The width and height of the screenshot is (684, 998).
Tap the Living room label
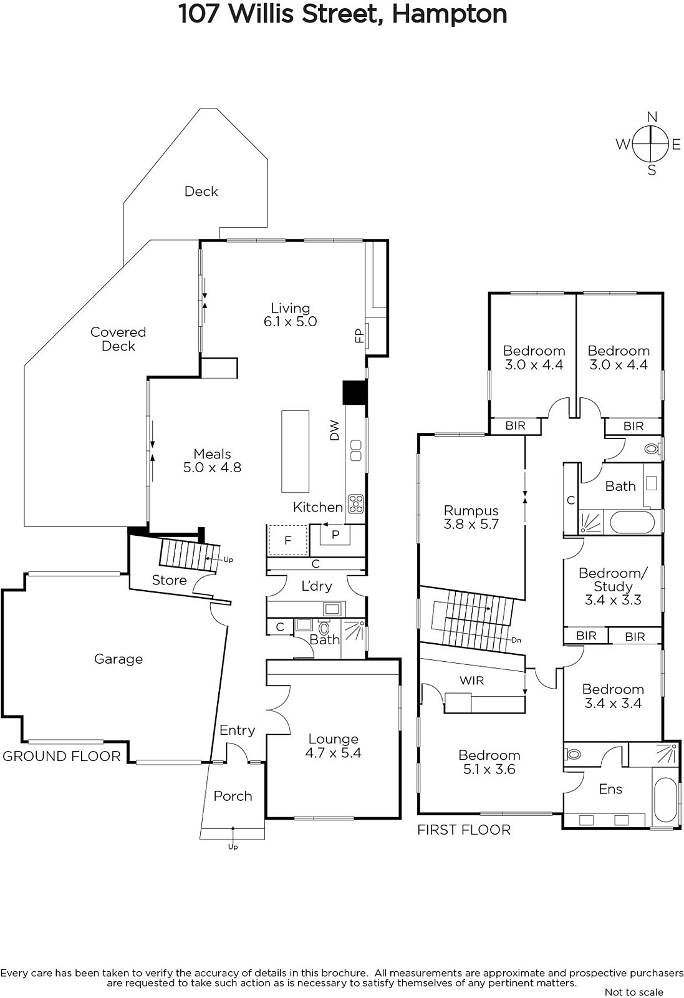tap(291, 308)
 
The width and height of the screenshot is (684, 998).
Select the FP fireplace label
tap(359, 336)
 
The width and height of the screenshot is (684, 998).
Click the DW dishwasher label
tap(334, 430)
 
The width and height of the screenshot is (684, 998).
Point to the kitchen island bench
tap(295, 452)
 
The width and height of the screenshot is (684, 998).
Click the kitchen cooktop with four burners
tap(356, 503)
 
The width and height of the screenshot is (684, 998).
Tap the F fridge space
tap(287, 540)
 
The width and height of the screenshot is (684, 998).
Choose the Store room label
tap(169, 579)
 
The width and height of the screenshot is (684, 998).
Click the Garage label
tap(118, 659)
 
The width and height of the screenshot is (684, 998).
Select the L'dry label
tap(317, 586)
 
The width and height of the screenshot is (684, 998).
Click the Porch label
tap(233, 796)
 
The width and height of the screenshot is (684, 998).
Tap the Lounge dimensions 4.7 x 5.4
tap(333, 752)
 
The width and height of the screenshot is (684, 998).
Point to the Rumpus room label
tap(471, 511)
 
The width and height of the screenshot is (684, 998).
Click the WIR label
tap(471, 681)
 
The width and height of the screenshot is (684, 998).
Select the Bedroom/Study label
tap(613, 579)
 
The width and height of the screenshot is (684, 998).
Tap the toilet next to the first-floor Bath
tap(652, 448)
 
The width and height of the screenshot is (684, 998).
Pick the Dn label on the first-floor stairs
tap(516, 640)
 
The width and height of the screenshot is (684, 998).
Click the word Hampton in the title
tap(450, 14)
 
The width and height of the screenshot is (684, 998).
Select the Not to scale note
tap(633, 992)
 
